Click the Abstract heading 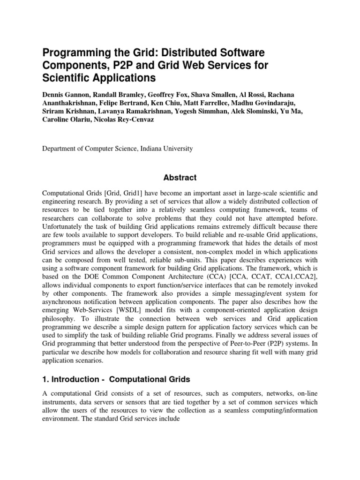(180, 178)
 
